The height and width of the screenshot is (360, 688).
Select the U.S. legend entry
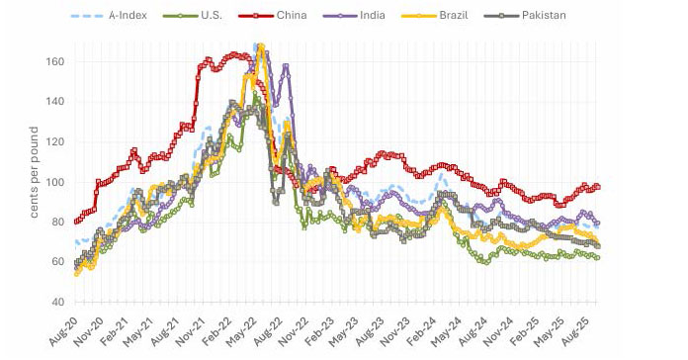pos(212,16)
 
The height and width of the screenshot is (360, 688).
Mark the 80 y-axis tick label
pos(56,223)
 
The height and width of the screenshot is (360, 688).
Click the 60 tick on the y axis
pos(56,262)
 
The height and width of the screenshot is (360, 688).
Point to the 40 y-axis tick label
pos(56,303)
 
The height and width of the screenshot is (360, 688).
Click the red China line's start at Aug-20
pos(77,222)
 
